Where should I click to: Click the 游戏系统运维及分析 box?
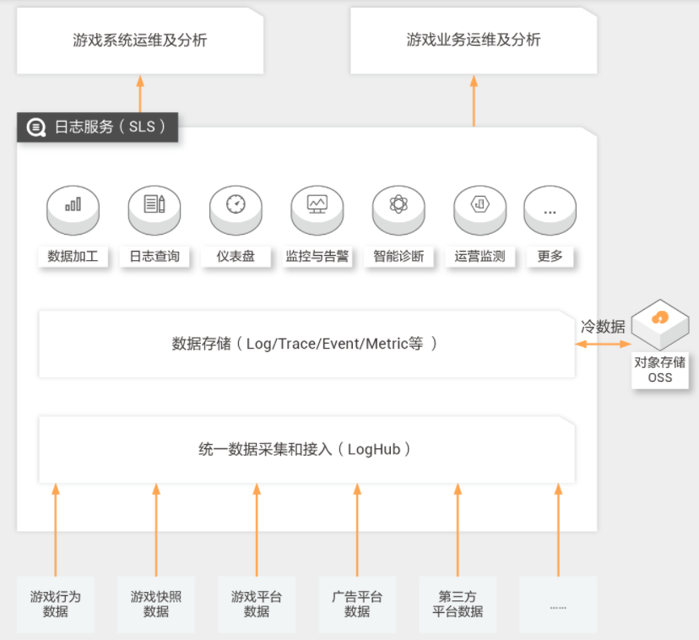point(140,41)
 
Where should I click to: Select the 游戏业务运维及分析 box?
point(474,41)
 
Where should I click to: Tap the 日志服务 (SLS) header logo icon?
point(36,127)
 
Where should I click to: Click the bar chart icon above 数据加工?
point(73,204)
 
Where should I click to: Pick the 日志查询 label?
point(154,257)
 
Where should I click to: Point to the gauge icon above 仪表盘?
point(236,203)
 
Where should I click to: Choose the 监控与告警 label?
point(317,257)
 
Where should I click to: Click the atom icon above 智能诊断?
point(398,203)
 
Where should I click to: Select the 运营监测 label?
point(480,257)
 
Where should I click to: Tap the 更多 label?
point(550,257)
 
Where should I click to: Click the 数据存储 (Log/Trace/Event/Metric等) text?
point(305,344)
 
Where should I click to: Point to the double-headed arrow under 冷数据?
point(603,344)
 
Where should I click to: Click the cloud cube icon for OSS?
point(660,324)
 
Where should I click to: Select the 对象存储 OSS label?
point(660,370)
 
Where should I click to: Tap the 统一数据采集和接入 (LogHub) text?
point(305,449)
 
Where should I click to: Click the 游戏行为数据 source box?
point(56,605)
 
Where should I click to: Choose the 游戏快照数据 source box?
point(156,605)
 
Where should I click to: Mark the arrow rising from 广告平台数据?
point(357,530)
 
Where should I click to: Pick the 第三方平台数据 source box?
point(458,605)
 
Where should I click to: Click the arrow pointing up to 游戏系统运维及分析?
point(140,94)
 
